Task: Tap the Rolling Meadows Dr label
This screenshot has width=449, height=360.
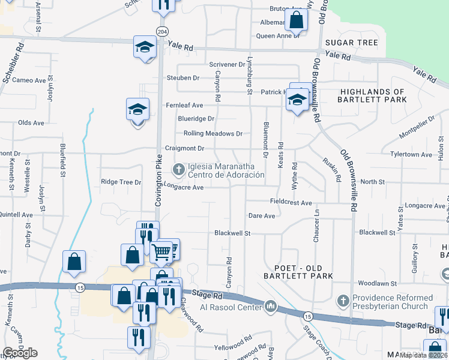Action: (x=213, y=134)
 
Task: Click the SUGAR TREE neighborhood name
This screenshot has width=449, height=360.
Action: (x=352, y=43)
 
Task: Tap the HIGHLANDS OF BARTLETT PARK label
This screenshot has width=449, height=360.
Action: (x=372, y=95)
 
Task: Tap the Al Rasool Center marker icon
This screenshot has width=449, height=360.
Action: (x=271, y=307)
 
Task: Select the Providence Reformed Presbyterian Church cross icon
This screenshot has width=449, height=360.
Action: (x=343, y=301)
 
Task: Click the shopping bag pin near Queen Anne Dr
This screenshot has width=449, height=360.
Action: (x=297, y=20)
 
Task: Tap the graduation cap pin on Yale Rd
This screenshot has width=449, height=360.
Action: (x=144, y=47)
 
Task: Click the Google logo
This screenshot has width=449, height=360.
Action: (x=20, y=353)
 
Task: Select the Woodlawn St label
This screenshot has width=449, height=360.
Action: (x=377, y=283)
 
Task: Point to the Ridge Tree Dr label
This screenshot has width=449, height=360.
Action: (x=121, y=182)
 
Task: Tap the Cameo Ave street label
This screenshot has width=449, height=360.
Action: (x=29, y=80)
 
